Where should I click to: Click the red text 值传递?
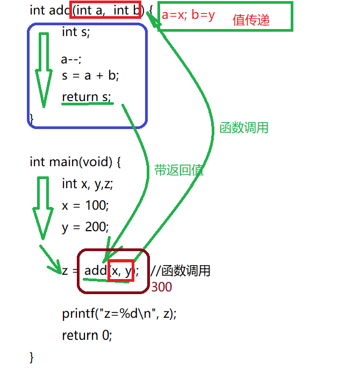[251, 20]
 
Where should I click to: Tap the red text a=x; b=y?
[188, 15]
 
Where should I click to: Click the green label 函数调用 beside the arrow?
[244, 128]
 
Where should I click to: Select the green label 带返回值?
[179, 170]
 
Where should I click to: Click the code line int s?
[76, 32]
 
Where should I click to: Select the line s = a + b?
[90, 75]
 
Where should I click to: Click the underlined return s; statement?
[86, 97]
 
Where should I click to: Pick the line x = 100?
[85, 205]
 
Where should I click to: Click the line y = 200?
[85, 227]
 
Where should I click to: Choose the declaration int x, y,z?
[88, 184]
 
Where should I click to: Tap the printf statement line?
[119, 313]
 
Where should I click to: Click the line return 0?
[87, 335]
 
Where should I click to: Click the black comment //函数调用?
[180, 270]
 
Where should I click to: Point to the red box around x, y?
[121, 270]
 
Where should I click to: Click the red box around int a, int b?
[105, 10]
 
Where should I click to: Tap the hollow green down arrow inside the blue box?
[41, 70]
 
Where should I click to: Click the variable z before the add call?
[65, 270]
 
